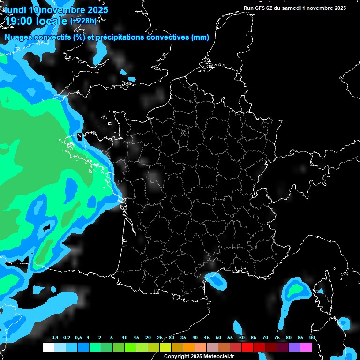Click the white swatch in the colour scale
tap(48, 347)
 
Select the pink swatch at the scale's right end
tap(306, 347)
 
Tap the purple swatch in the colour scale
tap(294, 347)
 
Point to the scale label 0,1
tap(55, 338)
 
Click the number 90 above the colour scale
tap(312, 338)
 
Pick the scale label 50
tap(218, 338)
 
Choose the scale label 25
tap(160, 338)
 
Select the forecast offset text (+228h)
tap(83, 21)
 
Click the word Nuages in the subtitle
tap(17, 37)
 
